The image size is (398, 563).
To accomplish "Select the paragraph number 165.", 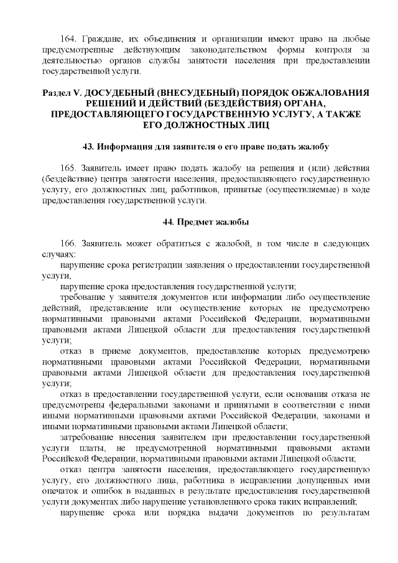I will (68, 169).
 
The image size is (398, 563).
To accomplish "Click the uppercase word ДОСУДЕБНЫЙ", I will (121, 92).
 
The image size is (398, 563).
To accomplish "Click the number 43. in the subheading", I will (89, 146).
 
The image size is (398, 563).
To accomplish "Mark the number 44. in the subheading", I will (169, 221).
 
